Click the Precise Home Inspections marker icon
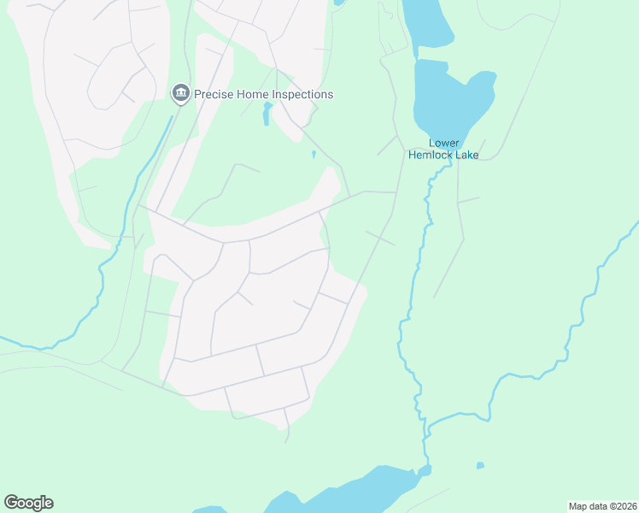pyautogui.click(x=180, y=93)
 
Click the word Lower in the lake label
pyautogui.click(x=444, y=143)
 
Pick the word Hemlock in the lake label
pyautogui.click(x=430, y=155)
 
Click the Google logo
pyautogui.click(x=28, y=503)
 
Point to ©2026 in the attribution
pyautogui.click(x=624, y=505)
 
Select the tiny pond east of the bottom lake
pyautogui.click(x=480, y=466)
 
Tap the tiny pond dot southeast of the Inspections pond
pyautogui.click(x=314, y=155)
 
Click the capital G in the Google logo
pyautogui.click(x=11, y=503)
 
